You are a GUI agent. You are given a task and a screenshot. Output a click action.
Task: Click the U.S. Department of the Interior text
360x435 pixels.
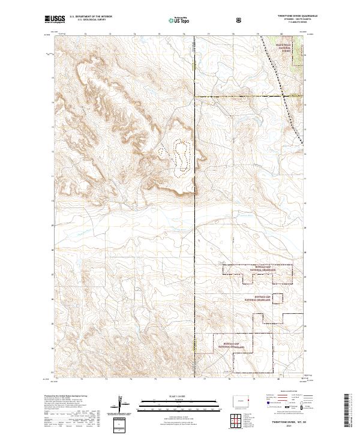click(x=91, y=17)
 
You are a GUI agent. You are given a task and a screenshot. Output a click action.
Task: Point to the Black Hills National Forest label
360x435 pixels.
click(x=283, y=48)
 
